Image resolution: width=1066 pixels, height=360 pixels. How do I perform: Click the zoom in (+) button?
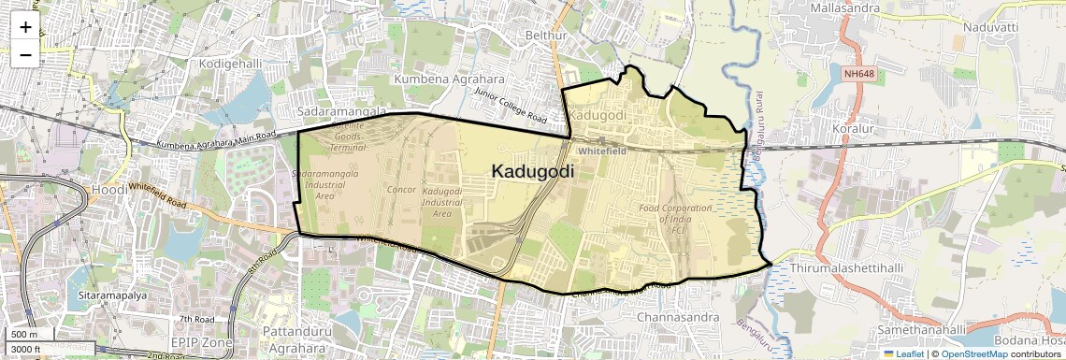click(25, 27)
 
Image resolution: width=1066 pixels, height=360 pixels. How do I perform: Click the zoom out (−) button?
click(25, 54)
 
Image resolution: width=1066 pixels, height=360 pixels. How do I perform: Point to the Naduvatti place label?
click(993, 29)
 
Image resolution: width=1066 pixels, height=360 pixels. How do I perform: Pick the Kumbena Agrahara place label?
click(449, 79)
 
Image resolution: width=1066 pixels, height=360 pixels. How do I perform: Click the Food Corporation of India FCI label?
click(675, 219)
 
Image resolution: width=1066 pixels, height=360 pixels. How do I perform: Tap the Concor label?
click(401, 190)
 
